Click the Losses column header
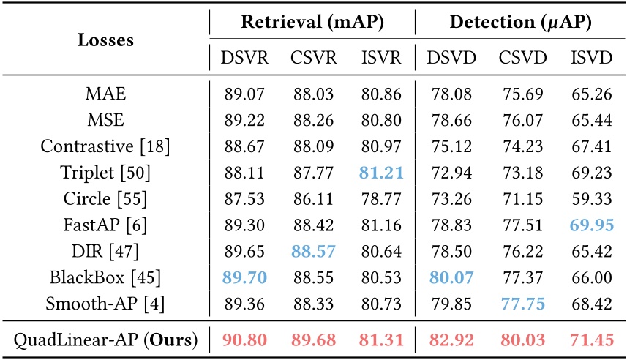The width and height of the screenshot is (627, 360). tap(105, 40)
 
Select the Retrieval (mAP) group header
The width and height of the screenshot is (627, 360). tap(312, 23)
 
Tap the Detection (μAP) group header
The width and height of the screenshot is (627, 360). tap(521, 23)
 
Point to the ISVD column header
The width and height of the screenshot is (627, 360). tap(590, 58)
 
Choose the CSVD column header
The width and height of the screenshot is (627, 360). tap(522, 58)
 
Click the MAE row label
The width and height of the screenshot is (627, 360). tap(105, 94)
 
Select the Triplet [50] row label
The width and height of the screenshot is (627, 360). tap(105, 172)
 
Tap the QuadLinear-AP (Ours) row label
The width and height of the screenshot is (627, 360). tap(105, 340)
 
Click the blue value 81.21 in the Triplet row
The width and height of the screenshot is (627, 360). tap(381, 172)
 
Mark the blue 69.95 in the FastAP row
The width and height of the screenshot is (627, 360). tap(590, 223)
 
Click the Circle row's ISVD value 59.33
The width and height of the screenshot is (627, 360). tap(590, 198)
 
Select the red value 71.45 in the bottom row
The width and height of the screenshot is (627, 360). tap(590, 340)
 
